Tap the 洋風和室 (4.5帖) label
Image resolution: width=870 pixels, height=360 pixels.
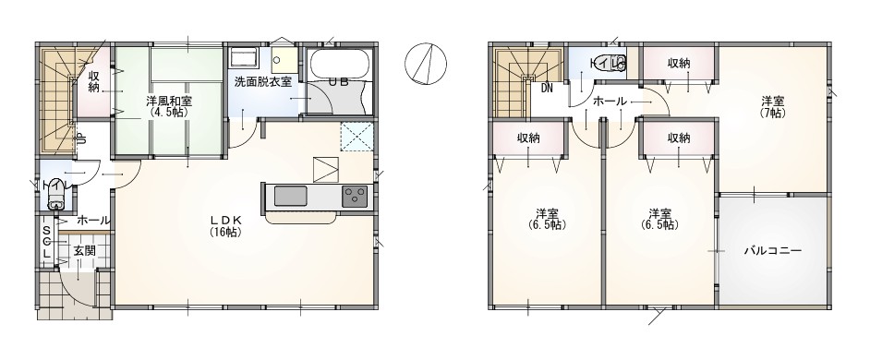167,106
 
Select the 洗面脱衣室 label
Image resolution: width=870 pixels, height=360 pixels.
263,81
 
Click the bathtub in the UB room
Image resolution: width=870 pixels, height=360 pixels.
339,65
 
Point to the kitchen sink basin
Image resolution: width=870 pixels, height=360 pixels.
290,197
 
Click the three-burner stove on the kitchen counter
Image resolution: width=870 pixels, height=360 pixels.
355,197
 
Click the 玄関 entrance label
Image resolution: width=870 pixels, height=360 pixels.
84,251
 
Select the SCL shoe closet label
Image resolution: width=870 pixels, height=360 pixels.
47,243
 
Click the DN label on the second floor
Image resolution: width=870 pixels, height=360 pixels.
547,88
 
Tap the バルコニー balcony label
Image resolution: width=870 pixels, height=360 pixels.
772,251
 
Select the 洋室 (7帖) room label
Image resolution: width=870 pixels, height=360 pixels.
772,106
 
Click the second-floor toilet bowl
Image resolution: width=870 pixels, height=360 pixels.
619,64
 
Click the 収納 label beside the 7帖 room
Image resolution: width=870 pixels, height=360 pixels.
679,64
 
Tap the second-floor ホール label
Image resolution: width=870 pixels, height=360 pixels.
610,102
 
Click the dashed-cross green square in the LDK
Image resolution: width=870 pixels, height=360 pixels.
356,136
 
